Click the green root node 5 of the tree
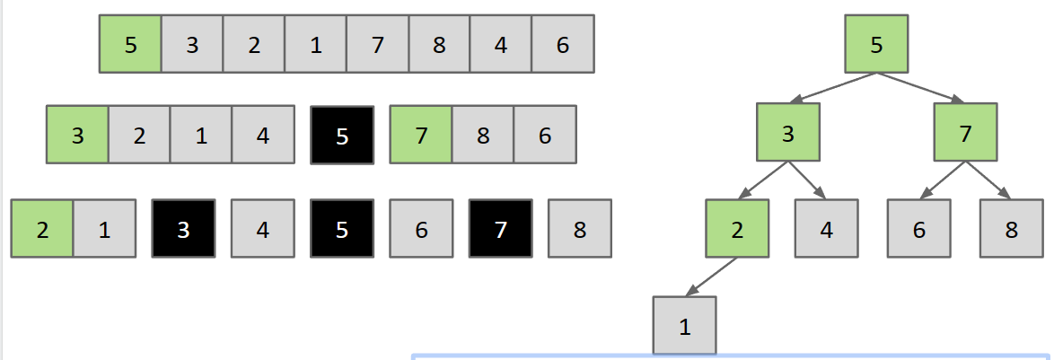(876, 43)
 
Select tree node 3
(787, 134)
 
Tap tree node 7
(965, 134)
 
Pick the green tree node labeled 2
(737, 229)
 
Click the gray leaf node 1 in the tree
(685, 326)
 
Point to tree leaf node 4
(826, 229)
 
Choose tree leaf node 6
(918, 229)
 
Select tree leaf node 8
(1011, 229)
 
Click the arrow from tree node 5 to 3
(832, 88)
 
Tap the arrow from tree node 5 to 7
(921, 88)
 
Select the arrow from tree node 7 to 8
(988, 181)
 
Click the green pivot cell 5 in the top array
(130, 43)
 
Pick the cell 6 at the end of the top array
(563, 43)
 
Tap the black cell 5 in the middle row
(341, 135)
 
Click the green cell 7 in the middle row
(420, 135)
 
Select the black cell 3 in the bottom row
(183, 229)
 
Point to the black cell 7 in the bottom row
(500, 229)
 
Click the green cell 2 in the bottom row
(42, 229)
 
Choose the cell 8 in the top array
(439, 43)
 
